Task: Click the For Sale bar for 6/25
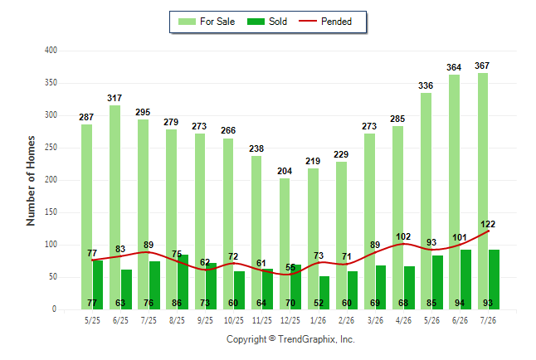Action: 115,207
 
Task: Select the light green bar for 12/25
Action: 285,244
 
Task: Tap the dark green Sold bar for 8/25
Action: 183,282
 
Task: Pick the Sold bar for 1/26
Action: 324,293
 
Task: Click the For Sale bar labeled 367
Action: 483,191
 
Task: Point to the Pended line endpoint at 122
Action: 488,231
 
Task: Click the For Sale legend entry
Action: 207,22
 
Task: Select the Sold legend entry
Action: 267,22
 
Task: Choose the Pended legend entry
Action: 325,22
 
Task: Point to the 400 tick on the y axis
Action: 51,51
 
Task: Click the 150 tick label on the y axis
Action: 51,212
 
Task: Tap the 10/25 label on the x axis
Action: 234,320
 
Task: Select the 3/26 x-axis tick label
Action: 375,320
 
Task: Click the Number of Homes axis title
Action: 31,181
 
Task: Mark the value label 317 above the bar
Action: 115,98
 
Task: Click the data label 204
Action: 285,171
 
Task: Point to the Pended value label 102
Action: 403,236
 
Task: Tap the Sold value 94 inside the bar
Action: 460,303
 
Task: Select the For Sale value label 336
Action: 426,85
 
